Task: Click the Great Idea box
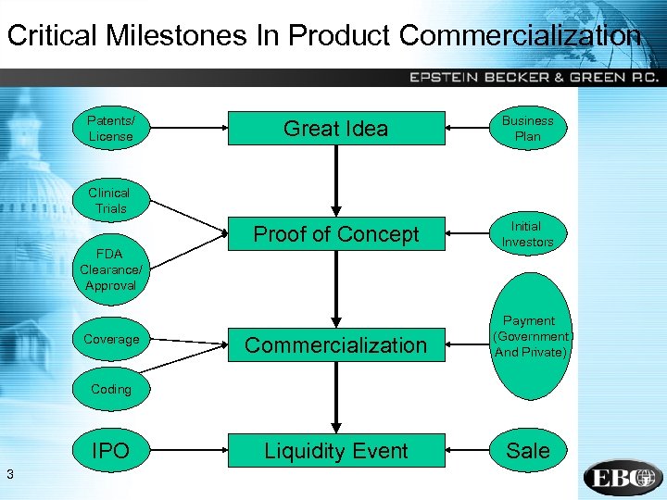335,129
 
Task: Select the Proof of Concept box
335,234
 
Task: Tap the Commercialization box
335,345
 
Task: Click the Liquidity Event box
335,451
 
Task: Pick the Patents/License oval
110,129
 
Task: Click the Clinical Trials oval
109,200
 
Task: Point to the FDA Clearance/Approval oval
110,269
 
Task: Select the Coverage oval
111,340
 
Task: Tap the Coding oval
111,390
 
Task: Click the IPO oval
111,451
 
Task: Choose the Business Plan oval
527,129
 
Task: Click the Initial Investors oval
527,234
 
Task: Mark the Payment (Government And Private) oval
529,336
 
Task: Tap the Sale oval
528,451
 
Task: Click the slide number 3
8,475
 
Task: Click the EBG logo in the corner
622,478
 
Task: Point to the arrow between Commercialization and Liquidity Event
335,398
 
